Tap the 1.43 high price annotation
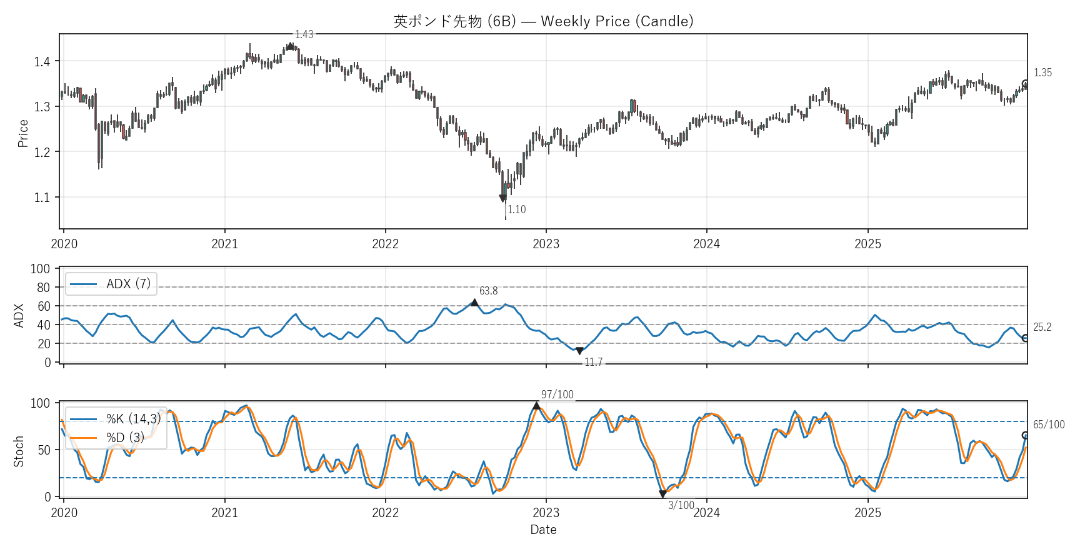click(x=304, y=34)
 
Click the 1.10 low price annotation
click(x=517, y=209)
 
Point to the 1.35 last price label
click(x=1042, y=73)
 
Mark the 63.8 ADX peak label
click(x=489, y=291)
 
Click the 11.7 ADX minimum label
click(x=593, y=362)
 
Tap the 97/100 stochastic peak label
click(x=557, y=395)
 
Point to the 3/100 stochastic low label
click(x=681, y=505)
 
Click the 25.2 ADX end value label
click(x=1042, y=327)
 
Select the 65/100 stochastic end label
click(x=1048, y=425)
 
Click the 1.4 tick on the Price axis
click(x=42, y=61)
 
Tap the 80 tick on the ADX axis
click(x=43, y=288)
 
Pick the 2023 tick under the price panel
click(x=546, y=244)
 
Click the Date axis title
click(x=543, y=530)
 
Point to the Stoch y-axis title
click(x=19, y=451)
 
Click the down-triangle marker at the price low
click(x=502, y=198)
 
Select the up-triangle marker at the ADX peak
click(x=474, y=303)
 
